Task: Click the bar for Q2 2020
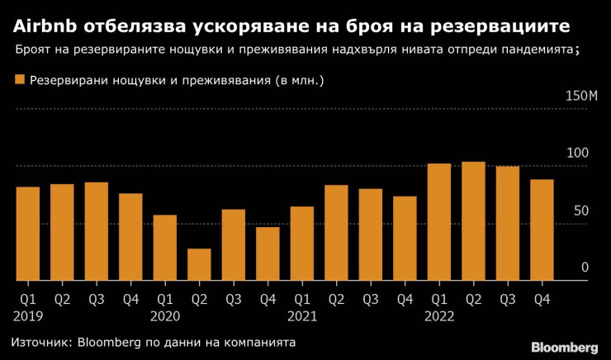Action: (199, 264)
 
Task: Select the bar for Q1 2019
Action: (28, 234)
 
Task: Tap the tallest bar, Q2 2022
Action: (473, 221)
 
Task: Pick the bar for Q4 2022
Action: (542, 230)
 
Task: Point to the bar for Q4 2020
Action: (268, 253)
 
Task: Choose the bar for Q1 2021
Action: (302, 244)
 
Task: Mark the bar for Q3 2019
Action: (97, 231)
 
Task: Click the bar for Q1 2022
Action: (439, 222)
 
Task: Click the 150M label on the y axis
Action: (580, 97)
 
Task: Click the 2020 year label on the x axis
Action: (165, 315)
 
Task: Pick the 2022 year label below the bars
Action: (439, 315)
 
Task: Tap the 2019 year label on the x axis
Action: (28, 315)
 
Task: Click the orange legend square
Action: (20, 80)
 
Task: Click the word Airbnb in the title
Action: (45, 24)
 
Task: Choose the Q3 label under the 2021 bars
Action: (371, 298)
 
